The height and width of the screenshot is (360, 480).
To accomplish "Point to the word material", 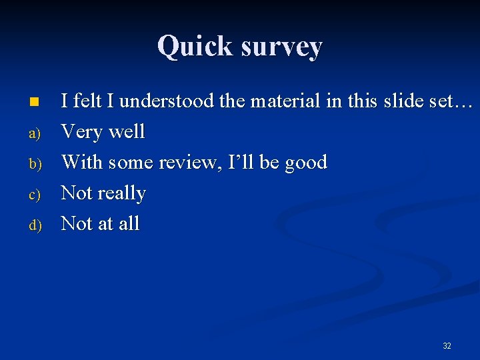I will [x=285, y=101].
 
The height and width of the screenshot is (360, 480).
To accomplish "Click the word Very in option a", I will [x=83, y=132].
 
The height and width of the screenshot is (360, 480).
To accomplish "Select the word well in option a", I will [x=127, y=132].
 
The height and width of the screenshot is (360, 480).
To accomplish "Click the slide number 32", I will [x=447, y=345].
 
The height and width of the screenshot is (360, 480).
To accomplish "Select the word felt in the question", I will [x=86, y=101].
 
